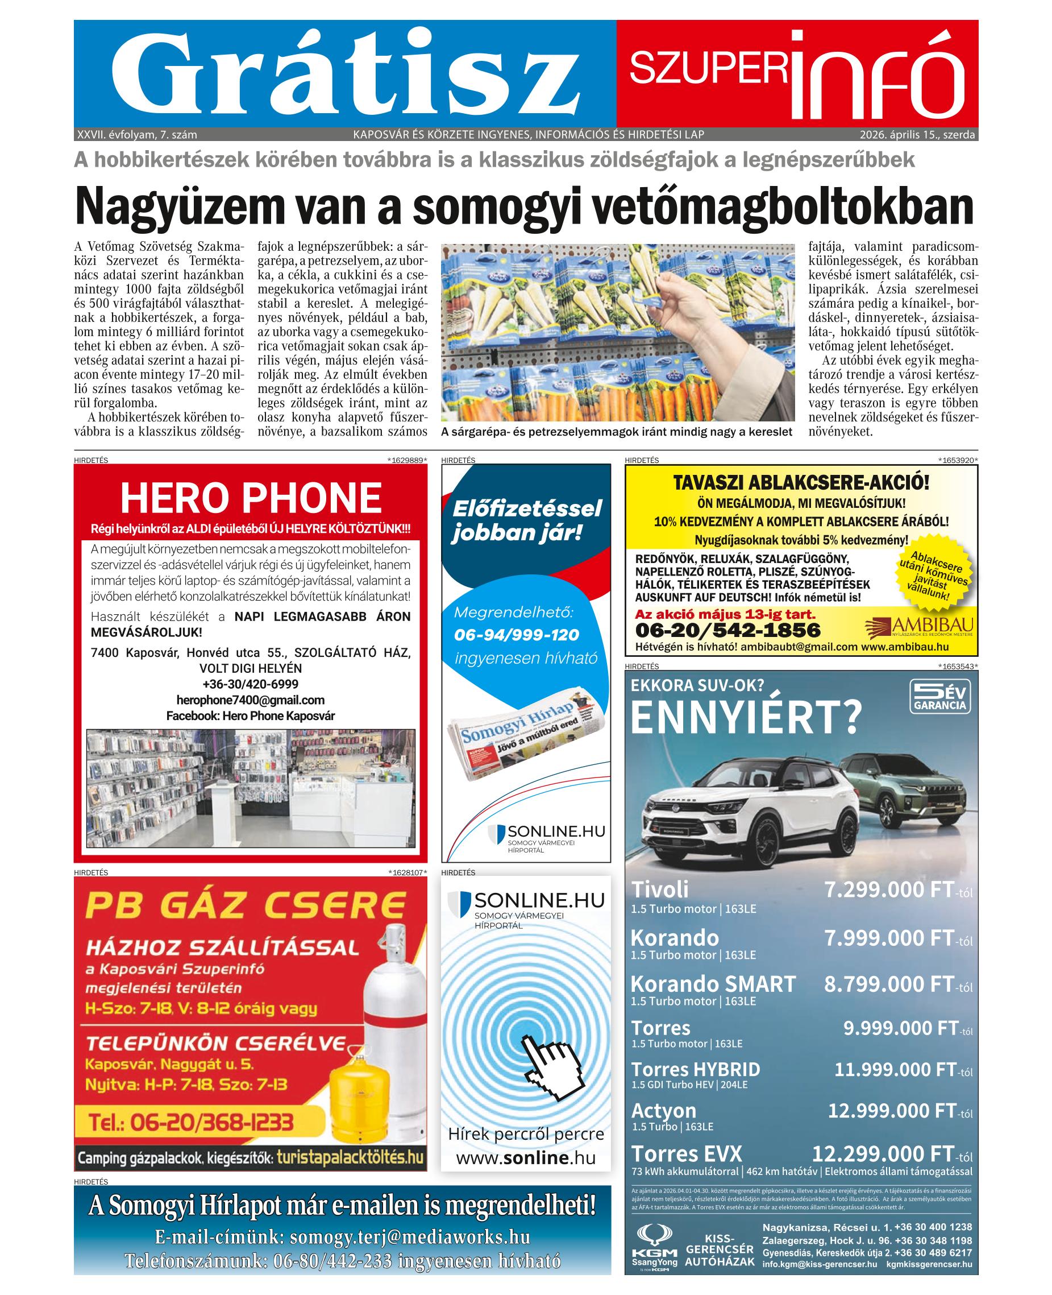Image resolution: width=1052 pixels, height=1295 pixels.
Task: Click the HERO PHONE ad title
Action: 251,498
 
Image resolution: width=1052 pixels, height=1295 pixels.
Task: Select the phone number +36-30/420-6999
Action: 250,684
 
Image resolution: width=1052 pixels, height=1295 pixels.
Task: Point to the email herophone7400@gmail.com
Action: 250,700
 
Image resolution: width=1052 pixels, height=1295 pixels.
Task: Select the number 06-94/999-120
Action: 516,635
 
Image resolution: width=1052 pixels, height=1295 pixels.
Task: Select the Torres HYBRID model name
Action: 695,1069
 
